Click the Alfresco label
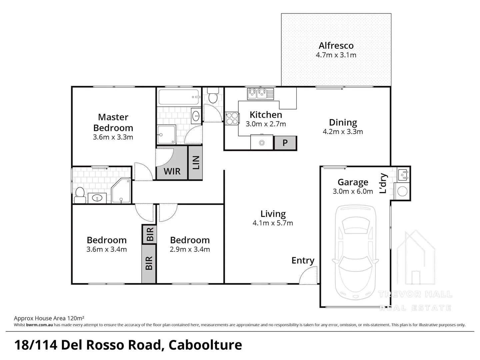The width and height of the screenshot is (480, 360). [336, 46]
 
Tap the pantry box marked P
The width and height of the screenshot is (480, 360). [285, 143]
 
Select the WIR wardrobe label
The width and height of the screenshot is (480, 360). [172, 171]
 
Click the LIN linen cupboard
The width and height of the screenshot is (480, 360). [196, 163]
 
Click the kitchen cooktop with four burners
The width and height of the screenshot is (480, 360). [232, 118]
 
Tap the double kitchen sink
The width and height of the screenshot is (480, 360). [260, 93]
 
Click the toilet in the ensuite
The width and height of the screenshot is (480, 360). [80, 195]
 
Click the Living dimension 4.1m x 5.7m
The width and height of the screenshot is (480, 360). [273, 223]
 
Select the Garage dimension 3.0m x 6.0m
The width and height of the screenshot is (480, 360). [353, 191]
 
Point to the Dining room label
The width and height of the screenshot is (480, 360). [343, 122]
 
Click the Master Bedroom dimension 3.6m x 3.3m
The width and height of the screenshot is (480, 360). [113, 137]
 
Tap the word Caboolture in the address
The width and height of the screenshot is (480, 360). [205, 345]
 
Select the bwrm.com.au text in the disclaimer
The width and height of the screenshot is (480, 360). [39, 325]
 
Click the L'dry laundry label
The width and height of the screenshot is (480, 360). [383, 183]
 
